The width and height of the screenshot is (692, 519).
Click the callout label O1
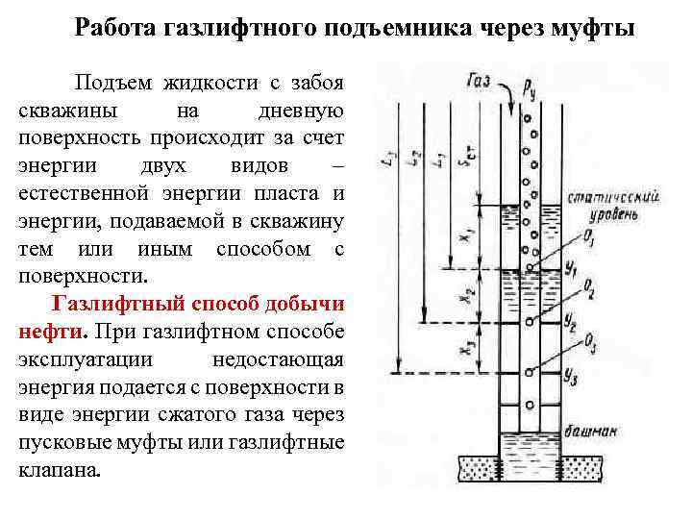pos(588,236)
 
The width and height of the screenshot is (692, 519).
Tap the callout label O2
pos(588,289)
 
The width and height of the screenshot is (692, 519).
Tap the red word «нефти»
pos(51,330)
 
